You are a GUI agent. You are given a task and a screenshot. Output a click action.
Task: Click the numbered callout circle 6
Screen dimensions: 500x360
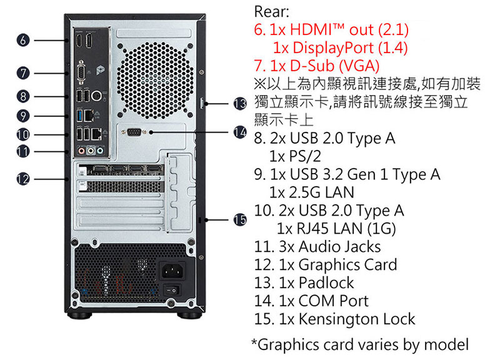(x=23, y=41)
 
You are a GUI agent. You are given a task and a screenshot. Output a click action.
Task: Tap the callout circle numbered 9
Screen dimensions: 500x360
(x=23, y=116)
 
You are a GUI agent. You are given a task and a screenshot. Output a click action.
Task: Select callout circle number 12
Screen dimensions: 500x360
(x=23, y=179)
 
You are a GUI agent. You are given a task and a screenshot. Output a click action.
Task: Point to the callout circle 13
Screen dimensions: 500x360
(x=240, y=104)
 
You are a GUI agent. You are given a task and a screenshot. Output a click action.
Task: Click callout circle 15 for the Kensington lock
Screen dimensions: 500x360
(x=240, y=220)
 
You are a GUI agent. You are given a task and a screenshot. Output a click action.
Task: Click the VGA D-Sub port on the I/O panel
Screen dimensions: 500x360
(x=81, y=73)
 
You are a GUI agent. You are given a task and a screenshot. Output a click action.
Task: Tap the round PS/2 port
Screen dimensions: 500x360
(x=96, y=96)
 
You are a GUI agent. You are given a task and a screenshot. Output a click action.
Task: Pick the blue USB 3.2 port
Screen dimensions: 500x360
(x=80, y=116)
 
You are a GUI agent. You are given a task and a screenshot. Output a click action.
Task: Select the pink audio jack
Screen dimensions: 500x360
(x=82, y=150)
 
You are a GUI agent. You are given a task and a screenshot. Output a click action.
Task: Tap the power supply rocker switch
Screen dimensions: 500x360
(x=171, y=290)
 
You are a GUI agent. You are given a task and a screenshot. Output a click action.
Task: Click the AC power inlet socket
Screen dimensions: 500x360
(x=172, y=271)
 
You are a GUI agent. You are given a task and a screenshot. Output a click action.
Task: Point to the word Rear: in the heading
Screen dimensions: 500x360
(x=272, y=12)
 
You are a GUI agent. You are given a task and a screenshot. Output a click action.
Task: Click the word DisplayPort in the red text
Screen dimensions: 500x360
(x=333, y=48)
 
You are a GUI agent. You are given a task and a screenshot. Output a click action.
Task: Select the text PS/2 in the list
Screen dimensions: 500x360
(x=305, y=156)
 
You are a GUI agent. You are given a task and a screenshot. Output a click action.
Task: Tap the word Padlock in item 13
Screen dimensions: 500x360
(x=326, y=282)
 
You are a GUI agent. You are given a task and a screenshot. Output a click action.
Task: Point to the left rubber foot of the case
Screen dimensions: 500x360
(x=79, y=315)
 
